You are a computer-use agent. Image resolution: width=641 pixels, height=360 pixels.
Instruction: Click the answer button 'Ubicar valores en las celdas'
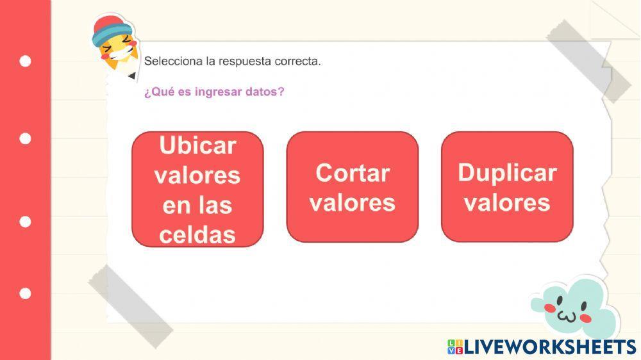pos(197,190)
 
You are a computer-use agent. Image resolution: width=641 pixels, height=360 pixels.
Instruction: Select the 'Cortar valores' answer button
pos(352,187)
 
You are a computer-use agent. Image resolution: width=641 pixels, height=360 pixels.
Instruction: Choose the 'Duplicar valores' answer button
pos(507,187)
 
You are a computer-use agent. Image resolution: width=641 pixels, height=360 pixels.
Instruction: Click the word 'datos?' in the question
pos(265,92)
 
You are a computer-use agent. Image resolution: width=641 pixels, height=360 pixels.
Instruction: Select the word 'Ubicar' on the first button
pos(197,145)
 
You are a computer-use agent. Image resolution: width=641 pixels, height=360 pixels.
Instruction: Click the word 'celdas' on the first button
pos(197,235)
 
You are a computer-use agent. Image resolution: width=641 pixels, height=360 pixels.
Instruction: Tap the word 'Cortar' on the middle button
pos(353,172)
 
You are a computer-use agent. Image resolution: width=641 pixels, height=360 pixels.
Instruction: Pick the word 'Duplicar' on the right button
pos(507,172)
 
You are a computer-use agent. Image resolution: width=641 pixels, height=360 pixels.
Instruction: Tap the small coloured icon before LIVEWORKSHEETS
pos(454,347)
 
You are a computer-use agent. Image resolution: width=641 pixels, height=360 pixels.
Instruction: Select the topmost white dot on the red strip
pos(25,61)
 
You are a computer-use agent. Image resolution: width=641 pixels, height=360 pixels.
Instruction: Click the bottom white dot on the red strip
pos(25,293)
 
